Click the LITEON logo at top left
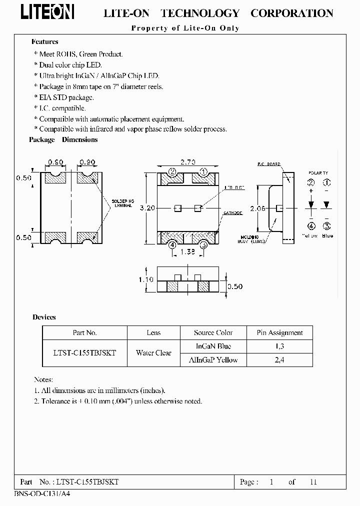[48, 12]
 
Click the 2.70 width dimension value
[187, 162]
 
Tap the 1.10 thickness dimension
[146, 280]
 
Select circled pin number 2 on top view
[172, 172]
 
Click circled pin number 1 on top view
[203, 172]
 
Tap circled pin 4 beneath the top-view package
[172, 244]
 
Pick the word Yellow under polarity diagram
[310, 235]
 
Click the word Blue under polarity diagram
[327, 235]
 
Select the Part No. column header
[84, 332]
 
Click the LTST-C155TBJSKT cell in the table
[84, 352]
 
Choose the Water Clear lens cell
[153, 352]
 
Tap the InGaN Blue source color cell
[213, 346]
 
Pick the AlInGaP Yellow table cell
[213, 359]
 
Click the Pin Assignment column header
[279, 332]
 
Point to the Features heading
[45, 42]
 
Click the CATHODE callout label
[232, 213]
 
